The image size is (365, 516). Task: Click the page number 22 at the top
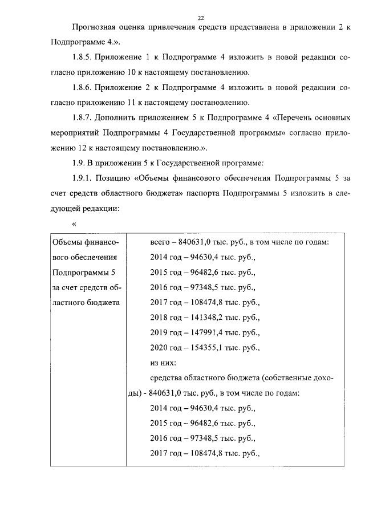click(200, 18)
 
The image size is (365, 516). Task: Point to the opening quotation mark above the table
click(74, 224)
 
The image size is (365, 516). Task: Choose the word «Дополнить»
click(119, 118)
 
